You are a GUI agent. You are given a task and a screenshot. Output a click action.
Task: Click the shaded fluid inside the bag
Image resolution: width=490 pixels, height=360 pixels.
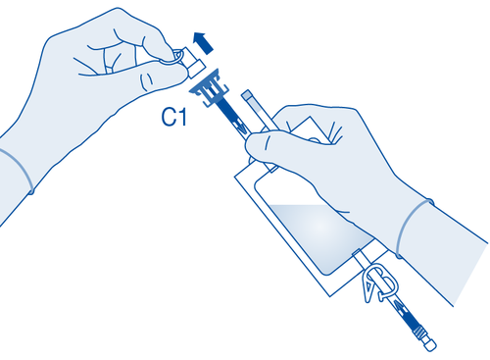coord(314,235)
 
